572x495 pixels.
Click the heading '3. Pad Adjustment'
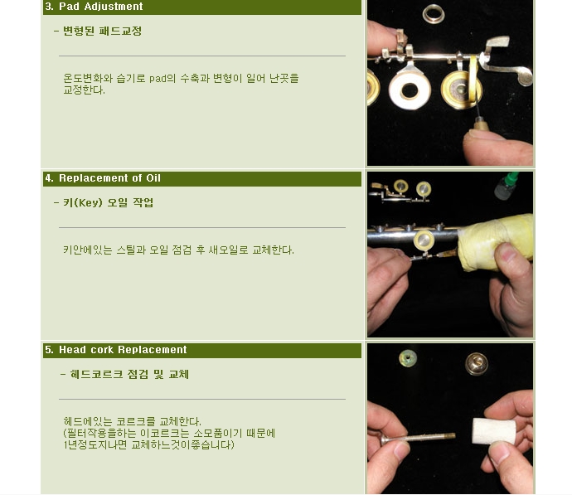(94, 7)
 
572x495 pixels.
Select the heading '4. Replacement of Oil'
(103, 178)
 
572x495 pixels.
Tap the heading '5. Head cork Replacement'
(115, 350)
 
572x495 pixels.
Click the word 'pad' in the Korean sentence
(158, 79)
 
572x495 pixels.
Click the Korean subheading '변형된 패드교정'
(102, 31)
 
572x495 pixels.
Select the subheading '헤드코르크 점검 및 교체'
(129, 375)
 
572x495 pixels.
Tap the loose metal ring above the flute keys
(434, 13)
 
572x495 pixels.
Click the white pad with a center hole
(410, 89)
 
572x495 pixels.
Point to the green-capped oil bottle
(507, 185)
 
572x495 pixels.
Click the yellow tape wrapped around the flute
(493, 241)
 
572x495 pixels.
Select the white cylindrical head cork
(493, 431)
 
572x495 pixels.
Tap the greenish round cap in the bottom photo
(408, 358)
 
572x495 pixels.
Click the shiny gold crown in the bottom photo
(477, 363)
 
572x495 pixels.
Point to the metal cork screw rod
(418, 437)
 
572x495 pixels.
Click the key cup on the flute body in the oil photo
(424, 240)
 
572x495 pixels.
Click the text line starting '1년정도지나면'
(149, 445)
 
